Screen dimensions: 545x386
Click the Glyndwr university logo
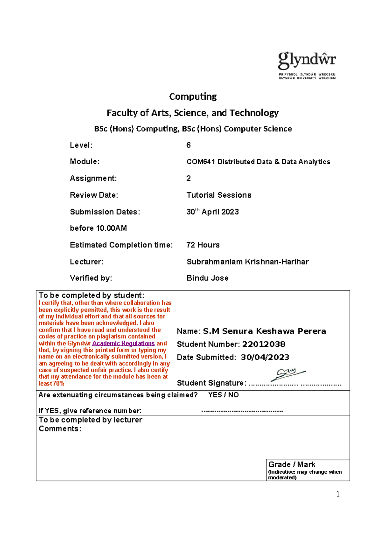pos(307,65)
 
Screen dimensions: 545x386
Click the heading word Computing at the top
pos(193,96)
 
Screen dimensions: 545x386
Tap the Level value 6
pos(188,145)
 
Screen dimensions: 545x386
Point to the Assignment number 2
pos(188,178)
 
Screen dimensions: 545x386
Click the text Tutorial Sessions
pos(219,195)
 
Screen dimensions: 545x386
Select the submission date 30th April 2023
pos(212,212)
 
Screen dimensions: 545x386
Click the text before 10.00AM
pos(98,228)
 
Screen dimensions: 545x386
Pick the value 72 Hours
pos(203,245)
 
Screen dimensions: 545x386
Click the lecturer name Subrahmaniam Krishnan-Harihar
pos(248,262)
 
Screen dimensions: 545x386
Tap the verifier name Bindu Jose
pos(207,278)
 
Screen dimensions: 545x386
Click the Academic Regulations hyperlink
pos(123,343)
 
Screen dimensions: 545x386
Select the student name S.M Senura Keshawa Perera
pos(264,331)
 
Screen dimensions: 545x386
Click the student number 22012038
pos(263,344)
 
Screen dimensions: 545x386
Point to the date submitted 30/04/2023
pos(265,357)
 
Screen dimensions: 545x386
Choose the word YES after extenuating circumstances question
pos(215,395)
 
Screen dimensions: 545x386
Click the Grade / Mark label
pos(291,465)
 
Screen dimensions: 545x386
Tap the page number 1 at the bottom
pos(338,494)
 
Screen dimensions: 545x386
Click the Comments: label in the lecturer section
pos(60,429)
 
